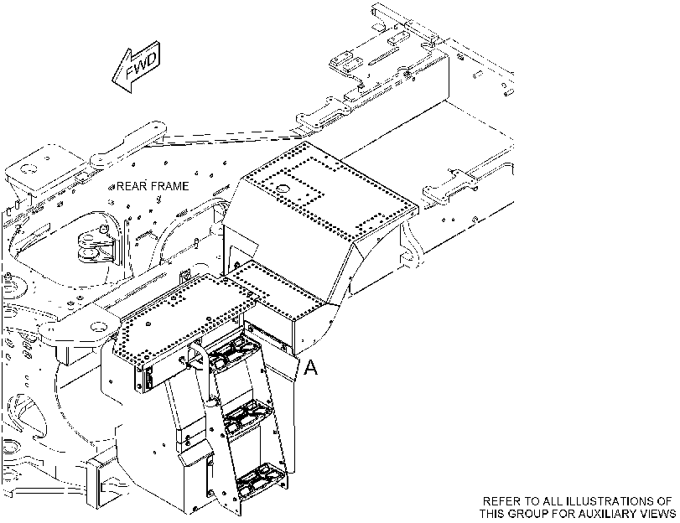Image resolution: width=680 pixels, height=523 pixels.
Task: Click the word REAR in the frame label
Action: (x=131, y=186)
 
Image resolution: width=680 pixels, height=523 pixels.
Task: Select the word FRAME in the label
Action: (x=169, y=186)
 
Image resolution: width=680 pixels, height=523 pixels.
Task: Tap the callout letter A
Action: (x=310, y=368)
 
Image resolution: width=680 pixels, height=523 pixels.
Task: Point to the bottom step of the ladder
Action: (x=260, y=480)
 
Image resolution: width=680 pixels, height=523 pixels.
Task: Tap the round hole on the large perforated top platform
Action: (x=283, y=189)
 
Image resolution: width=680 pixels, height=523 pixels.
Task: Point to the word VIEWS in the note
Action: (x=657, y=514)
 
